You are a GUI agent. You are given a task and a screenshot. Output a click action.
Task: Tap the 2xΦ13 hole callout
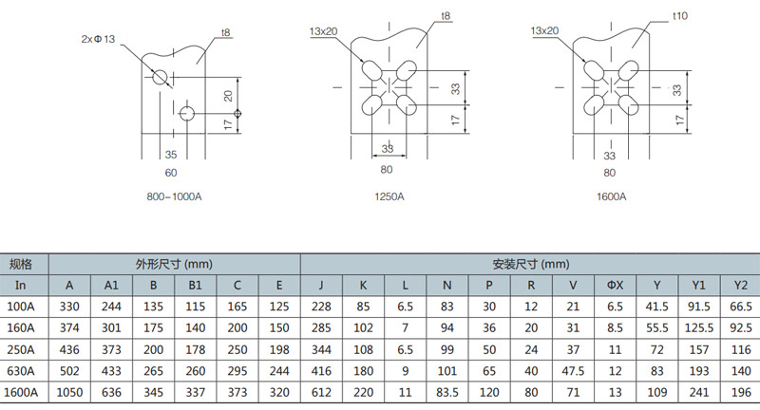[x=99, y=39]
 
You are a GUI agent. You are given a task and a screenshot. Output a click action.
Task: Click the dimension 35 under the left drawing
[x=171, y=154]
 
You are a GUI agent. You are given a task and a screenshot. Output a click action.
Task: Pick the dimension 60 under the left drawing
[x=171, y=173]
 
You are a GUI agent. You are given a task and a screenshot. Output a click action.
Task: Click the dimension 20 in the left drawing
[x=228, y=95]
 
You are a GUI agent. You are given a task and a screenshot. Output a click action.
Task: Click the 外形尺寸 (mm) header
[x=174, y=264]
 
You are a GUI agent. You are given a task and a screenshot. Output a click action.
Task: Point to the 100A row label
[x=23, y=307]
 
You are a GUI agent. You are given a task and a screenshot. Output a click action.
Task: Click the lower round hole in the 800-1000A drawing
[x=186, y=114]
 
